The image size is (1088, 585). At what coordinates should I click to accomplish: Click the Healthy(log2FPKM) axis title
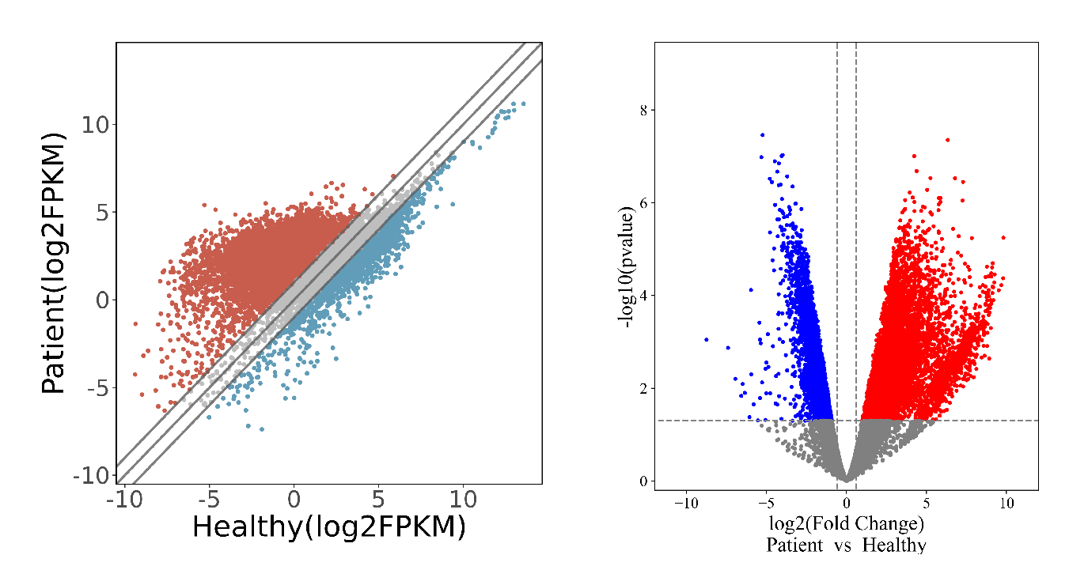[x=328, y=527]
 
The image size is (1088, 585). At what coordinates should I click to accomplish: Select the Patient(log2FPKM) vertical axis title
[x=54, y=262]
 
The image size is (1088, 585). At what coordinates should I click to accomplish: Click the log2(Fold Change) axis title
[x=846, y=523]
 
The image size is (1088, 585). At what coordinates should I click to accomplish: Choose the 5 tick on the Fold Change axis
[x=927, y=504]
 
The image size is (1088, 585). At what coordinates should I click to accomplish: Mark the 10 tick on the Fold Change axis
[x=1006, y=504]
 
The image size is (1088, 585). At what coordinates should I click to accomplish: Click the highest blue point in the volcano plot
[x=762, y=135]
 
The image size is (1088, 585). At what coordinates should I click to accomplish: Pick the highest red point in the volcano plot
[x=947, y=140]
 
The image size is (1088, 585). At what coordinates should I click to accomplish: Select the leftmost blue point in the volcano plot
[x=706, y=339]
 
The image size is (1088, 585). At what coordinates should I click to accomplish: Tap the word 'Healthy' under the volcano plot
[x=893, y=545]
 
